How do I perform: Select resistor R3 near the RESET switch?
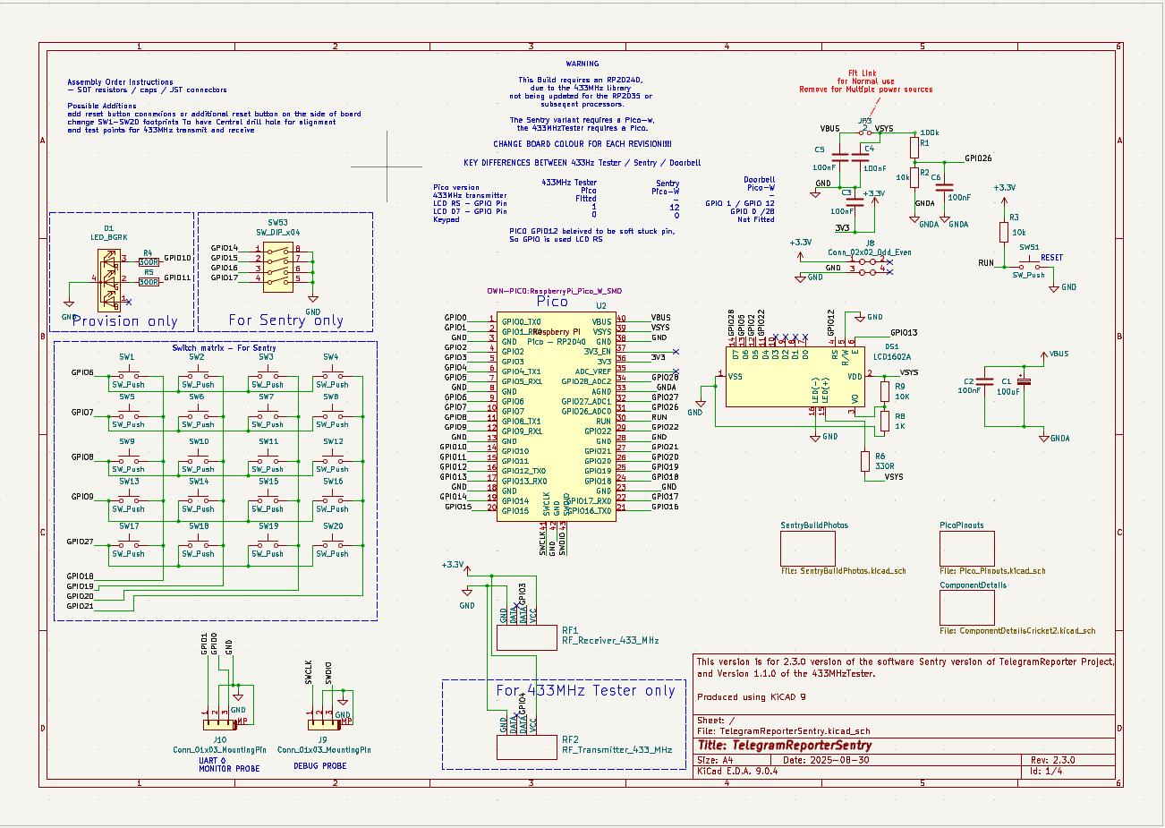1004,232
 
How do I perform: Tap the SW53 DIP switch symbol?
277,267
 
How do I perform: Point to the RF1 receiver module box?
526,636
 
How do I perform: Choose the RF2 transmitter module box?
526,747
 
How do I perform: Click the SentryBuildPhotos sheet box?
807,548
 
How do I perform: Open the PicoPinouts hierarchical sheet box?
966,548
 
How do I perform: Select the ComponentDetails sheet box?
966,608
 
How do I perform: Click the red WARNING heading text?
582,64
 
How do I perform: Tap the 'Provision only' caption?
125,321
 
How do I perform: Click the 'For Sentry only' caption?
285,320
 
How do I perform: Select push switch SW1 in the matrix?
127,375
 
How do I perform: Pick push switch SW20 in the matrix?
332,544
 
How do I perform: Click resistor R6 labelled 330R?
865,460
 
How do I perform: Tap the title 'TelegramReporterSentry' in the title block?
784,745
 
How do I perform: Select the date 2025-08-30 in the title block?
838,760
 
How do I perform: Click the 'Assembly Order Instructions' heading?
121,81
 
